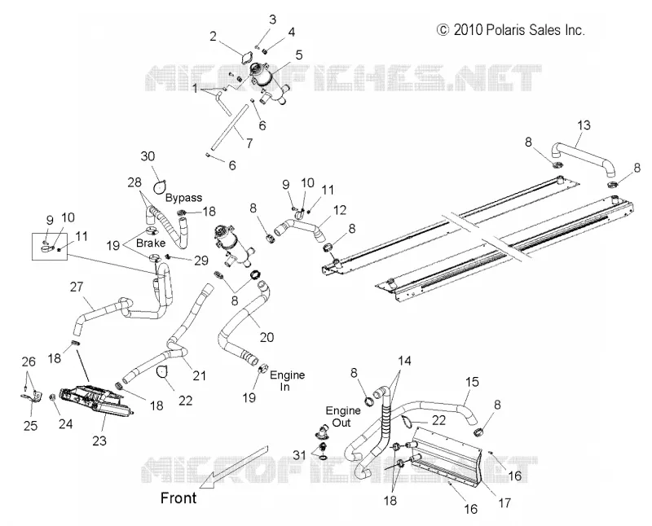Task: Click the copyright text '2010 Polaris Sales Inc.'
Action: [x=519, y=30]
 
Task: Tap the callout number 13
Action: [x=584, y=125]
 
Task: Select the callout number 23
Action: [x=99, y=441]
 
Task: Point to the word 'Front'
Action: [x=178, y=498]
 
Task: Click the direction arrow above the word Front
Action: [x=234, y=467]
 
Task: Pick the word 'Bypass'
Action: [x=184, y=198]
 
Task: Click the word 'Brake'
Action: [x=151, y=243]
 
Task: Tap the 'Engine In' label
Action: [x=288, y=380]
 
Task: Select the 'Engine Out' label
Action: [x=343, y=417]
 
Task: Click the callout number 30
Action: [x=148, y=156]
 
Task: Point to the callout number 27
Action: [x=77, y=287]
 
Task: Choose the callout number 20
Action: [x=267, y=337]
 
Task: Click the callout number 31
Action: [x=299, y=455]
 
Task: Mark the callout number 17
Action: [x=504, y=503]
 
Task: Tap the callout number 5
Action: [x=298, y=55]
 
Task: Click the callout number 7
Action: [x=249, y=143]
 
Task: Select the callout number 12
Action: [x=339, y=210]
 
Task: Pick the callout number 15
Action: [x=472, y=382]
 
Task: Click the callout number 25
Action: [x=30, y=426]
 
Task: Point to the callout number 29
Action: [x=201, y=261]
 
